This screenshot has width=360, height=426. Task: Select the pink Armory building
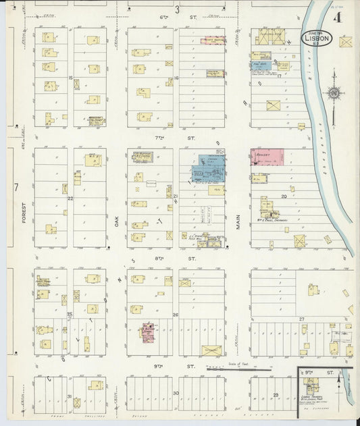[265, 156]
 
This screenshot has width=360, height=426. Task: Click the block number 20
[284, 196]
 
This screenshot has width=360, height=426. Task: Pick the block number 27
[303, 318]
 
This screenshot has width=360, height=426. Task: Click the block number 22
[70, 198]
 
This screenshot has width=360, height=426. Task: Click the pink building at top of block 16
[215, 41]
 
